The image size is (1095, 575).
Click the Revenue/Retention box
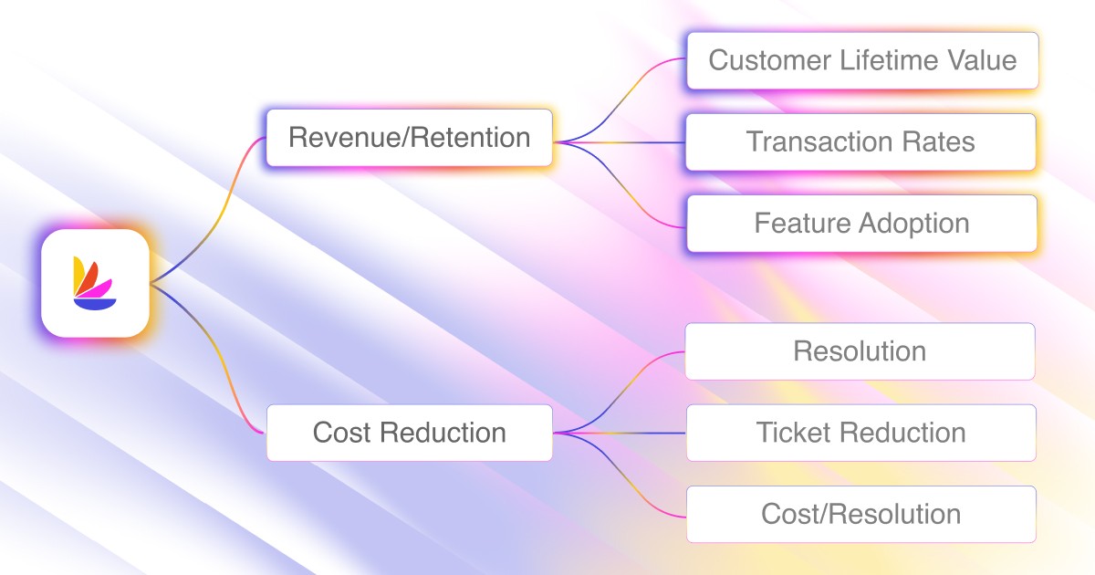pyautogui.click(x=409, y=138)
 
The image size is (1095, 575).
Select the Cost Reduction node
pyautogui.click(x=409, y=433)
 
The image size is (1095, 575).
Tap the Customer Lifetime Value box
pyautogui.click(x=862, y=61)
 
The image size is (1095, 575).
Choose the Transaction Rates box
pyautogui.click(x=860, y=142)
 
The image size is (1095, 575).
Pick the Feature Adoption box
pyautogui.click(x=861, y=224)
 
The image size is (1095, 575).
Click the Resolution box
pyautogui.click(x=860, y=351)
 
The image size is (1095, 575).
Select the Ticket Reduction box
pyautogui.click(x=860, y=433)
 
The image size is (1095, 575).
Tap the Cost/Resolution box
pyautogui.click(x=860, y=514)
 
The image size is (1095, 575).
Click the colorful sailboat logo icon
pyautogui.click(x=95, y=284)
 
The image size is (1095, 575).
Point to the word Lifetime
pyautogui.click(x=881, y=61)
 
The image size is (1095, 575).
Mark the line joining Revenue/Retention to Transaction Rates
pyautogui.click(x=620, y=142)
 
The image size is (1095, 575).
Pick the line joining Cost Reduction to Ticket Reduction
pyautogui.click(x=620, y=433)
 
